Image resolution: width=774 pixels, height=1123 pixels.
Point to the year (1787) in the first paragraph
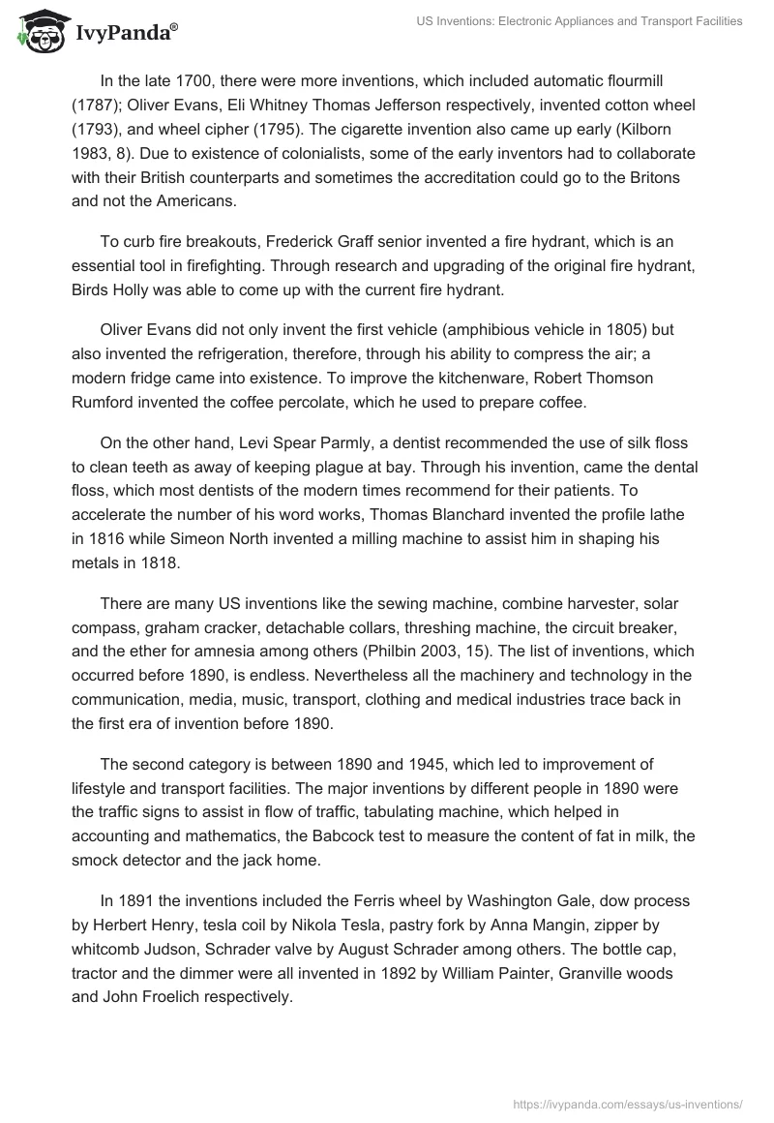pos(98,105)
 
